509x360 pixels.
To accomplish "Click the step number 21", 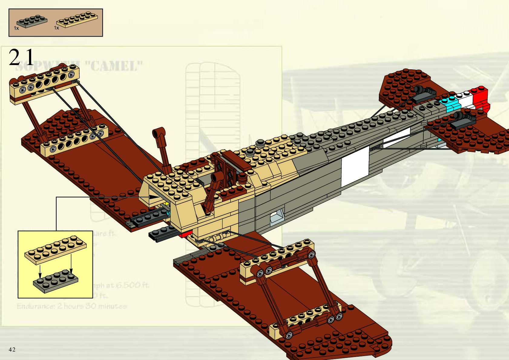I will (x=21, y=57).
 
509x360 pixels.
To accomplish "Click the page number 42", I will (x=12, y=350).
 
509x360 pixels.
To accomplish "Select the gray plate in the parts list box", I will (x=32, y=21).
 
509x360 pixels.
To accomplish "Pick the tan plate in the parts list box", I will (x=77, y=20).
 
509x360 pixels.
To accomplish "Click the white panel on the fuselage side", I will (x=355, y=168).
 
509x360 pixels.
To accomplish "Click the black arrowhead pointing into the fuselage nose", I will (x=154, y=197).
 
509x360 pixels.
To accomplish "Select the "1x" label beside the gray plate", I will (x=16, y=28).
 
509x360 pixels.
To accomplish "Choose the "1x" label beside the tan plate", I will (x=57, y=28).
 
